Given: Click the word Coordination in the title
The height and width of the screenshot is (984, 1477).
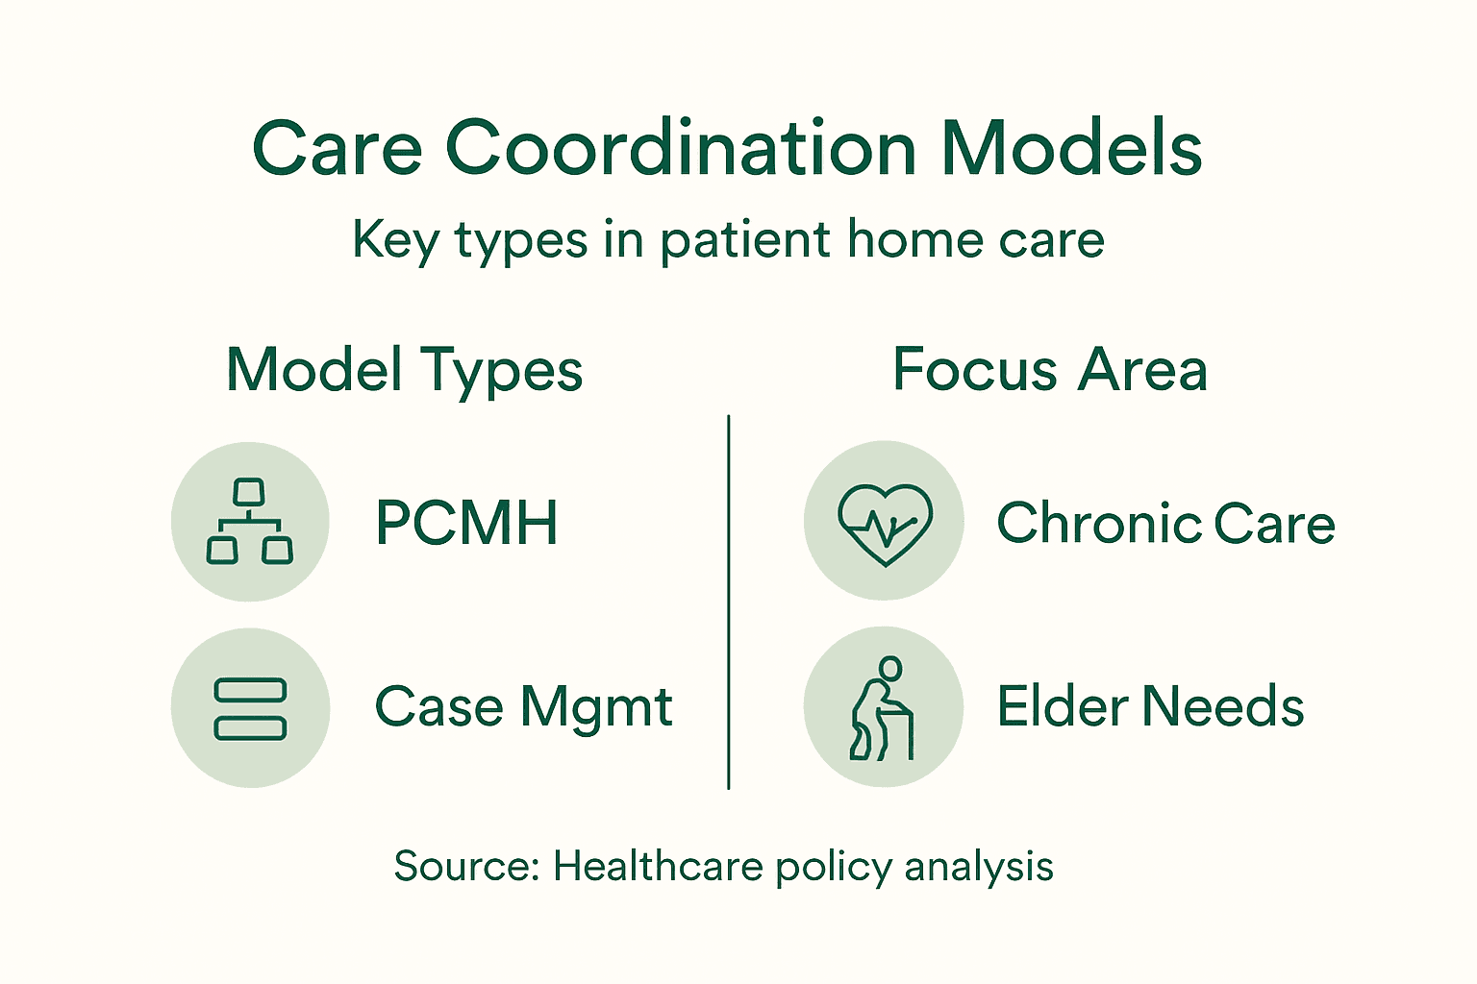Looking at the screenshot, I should [x=681, y=149].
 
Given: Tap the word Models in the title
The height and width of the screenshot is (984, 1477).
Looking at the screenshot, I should [x=1071, y=149].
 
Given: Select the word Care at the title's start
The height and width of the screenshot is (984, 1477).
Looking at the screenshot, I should [x=337, y=149].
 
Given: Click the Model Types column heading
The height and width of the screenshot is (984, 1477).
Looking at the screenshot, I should [x=404, y=371].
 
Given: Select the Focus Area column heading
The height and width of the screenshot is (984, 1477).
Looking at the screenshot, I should [x=1049, y=370].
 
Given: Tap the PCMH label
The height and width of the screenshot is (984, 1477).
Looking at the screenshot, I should [x=466, y=524].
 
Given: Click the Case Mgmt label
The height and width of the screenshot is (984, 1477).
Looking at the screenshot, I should [x=523, y=707].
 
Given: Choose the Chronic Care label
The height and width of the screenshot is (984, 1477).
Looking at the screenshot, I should [x=1165, y=524].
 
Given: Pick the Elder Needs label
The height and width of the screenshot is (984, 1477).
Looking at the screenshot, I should [x=1150, y=707].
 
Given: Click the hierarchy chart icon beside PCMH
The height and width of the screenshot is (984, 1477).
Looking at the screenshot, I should [x=250, y=522].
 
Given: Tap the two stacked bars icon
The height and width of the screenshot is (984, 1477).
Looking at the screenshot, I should [x=250, y=708].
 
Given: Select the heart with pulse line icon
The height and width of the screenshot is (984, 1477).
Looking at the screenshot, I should [x=884, y=522].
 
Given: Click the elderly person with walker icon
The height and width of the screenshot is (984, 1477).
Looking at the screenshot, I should [x=883, y=708].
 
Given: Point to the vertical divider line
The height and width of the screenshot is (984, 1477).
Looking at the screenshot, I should [x=729, y=603].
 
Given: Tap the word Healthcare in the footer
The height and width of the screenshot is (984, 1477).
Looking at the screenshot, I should [x=658, y=866].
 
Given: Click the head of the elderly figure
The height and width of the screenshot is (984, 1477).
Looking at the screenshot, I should [x=891, y=668].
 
